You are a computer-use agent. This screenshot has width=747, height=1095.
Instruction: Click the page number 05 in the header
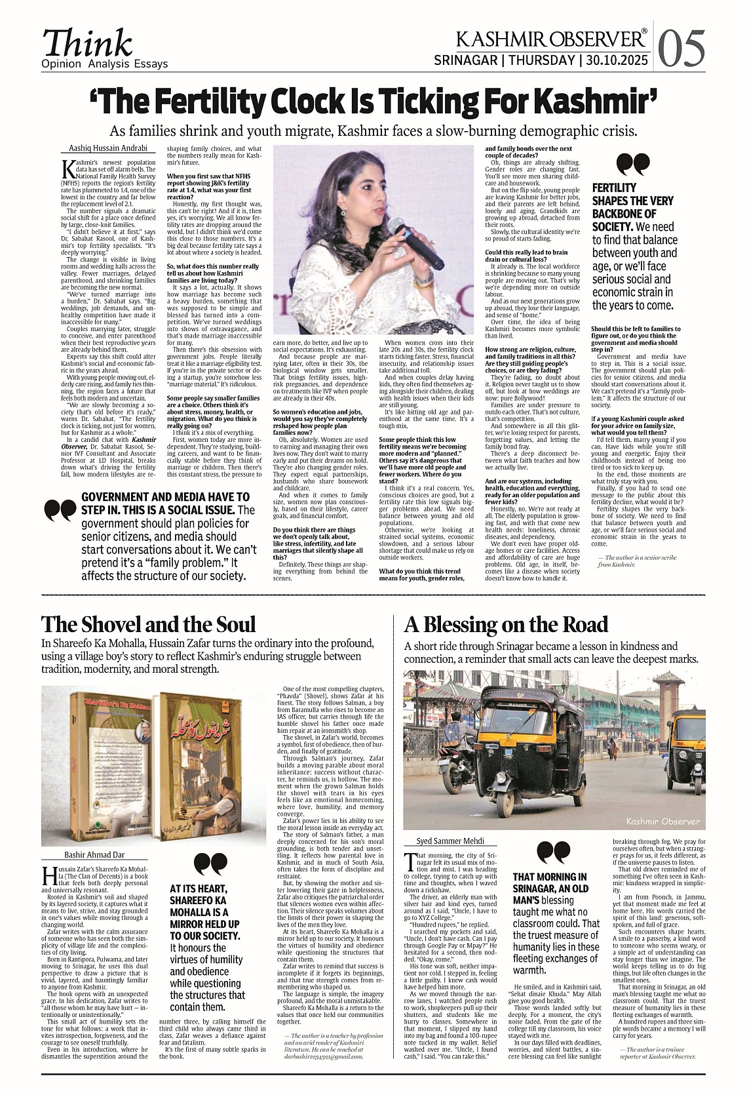(x=682, y=47)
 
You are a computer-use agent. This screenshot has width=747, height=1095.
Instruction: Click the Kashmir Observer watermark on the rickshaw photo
(x=662, y=821)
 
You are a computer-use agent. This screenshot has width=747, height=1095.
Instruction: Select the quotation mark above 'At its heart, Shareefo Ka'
(x=211, y=864)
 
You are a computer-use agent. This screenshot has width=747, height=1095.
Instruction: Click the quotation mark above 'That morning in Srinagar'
(x=553, y=852)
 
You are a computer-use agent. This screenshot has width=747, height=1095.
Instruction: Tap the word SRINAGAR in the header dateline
(x=466, y=60)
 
